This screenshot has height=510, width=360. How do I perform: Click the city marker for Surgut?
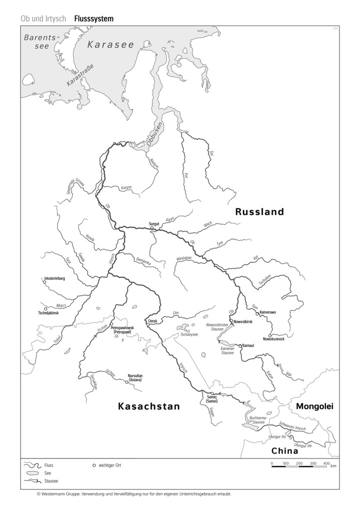pyautogui.click(x=152, y=228)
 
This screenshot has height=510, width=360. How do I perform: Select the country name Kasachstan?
pyautogui.click(x=148, y=406)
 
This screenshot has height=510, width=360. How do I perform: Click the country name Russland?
pyautogui.click(x=259, y=212)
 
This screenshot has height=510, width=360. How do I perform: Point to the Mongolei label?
pyautogui.click(x=314, y=406)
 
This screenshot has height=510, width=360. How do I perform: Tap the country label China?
pyautogui.click(x=284, y=450)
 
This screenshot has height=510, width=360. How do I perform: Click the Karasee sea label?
pyautogui.click(x=111, y=45)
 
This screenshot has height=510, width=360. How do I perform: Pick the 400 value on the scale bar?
pyautogui.click(x=326, y=463)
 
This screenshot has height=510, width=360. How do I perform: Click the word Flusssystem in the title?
pyautogui.click(x=93, y=19)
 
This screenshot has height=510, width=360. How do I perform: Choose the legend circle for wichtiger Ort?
pyautogui.click(x=94, y=465)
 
